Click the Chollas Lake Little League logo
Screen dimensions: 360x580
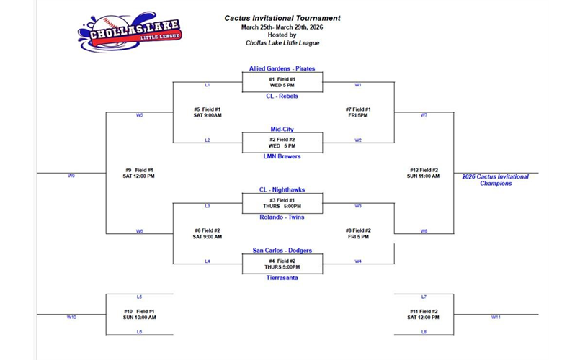[130, 30]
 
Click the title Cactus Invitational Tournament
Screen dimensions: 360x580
[282, 18]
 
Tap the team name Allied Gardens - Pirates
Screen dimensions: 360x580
[282, 68]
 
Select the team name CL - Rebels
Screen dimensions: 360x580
[282, 96]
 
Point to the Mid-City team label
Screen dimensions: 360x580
[282, 130]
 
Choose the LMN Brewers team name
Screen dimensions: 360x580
[282, 156]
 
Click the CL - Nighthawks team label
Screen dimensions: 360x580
[282, 189]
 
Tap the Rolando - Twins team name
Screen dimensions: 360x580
[282, 217]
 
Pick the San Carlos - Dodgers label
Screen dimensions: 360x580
[282, 250]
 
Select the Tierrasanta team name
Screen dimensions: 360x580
[282, 277]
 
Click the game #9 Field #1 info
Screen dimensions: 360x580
[138, 173]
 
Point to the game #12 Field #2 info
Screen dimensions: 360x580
[424, 173]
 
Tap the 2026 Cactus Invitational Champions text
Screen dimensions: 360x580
[495, 180]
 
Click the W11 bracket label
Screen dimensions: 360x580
[496, 317]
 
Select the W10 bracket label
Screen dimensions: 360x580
[71, 317]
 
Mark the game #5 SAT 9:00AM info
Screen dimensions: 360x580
[208, 112]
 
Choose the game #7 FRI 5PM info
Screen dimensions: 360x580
[357, 112]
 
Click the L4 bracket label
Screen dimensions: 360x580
[208, 261]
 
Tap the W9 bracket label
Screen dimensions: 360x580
[71, 176]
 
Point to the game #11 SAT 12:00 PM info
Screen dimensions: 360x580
[423, 314]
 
